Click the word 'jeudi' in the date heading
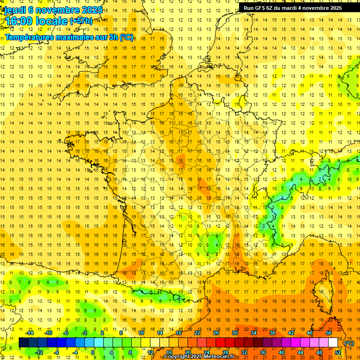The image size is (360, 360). [15, 10]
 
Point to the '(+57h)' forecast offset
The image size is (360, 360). [81, 21]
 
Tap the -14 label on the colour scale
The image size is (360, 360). [30, 333]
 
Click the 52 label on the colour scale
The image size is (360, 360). [338, 352]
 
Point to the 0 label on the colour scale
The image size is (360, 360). [93, 352]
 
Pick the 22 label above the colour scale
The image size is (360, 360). [198, 333]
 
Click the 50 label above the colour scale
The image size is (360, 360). [329, 333]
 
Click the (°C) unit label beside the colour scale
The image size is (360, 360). [349, 343]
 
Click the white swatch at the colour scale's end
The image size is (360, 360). [333, 343]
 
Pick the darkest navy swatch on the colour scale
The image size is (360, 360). [23, 343]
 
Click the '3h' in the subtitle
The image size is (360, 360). [114, 37]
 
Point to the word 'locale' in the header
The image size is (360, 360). [53, 21]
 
